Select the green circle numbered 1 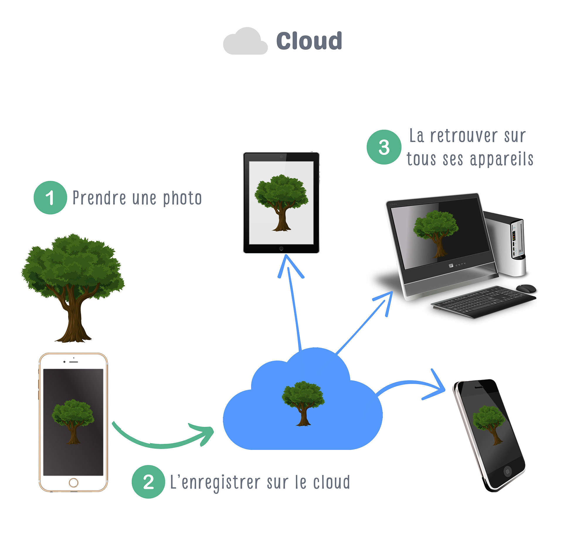pos(50,198)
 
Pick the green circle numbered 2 pos(148,482)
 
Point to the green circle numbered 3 pos(384,147)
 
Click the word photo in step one pos(182,198)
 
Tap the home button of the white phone pos(73,482)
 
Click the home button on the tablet pos(281,249)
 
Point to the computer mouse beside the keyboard pos(526,288)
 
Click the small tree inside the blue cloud pos(303,404)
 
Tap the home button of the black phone pos(508,471)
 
